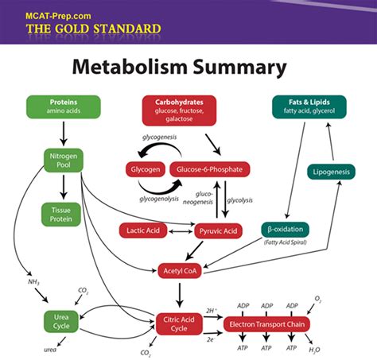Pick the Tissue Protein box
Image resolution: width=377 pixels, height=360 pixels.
pos(62,214)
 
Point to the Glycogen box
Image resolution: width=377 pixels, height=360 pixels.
pos(145,169)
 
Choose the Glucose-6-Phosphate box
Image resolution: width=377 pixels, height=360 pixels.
pos(211,169)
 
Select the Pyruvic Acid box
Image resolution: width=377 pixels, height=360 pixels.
pos(218,230)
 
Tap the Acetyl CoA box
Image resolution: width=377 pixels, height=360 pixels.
pos(183,270)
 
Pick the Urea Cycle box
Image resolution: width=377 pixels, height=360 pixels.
pos(62,321)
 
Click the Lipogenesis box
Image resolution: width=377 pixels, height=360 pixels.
pos(331,172)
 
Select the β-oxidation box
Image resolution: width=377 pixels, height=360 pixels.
pos(286,230)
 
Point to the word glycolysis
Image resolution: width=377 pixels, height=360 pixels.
pos(239,200)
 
